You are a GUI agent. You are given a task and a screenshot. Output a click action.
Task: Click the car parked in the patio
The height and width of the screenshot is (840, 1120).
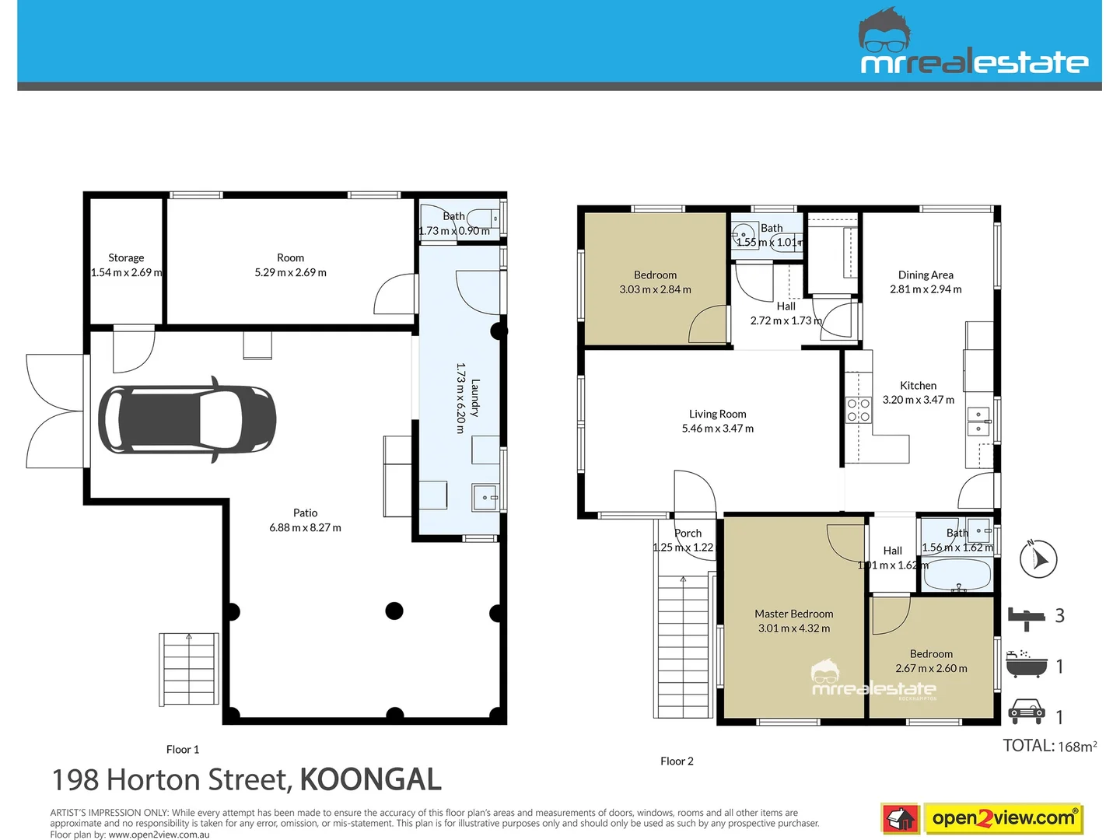pos(187,420)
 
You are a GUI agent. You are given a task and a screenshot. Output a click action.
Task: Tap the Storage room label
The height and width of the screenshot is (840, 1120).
pos(126,257)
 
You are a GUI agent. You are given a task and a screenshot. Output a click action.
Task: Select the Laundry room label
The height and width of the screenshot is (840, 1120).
pos(475,398)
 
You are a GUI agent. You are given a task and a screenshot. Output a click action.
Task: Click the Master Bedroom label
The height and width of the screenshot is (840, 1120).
pos(793,614)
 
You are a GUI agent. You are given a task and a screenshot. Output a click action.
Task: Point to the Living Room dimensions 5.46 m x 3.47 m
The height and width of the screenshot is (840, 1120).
pos(717,429)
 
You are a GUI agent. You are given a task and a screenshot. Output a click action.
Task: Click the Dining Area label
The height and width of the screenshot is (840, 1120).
pos(925,275)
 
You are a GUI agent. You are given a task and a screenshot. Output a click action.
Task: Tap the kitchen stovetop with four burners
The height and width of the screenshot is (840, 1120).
pos(858,410)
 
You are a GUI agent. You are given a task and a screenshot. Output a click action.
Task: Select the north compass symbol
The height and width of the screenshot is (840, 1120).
pos(1038,558)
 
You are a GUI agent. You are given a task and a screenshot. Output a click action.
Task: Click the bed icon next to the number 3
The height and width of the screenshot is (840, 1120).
pos(1027,617)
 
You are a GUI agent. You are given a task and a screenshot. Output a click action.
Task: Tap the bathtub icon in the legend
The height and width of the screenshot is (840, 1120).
pos(1027,666)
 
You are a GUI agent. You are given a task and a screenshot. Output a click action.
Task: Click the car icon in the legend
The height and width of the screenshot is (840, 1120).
pos(1026,712)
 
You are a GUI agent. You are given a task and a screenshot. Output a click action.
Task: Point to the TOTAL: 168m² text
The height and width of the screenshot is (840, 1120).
pos(1049,746)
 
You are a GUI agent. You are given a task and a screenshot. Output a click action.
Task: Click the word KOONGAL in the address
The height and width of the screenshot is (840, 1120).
pos(370,779)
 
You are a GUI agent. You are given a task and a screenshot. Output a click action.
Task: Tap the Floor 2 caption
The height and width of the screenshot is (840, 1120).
pos(677,761)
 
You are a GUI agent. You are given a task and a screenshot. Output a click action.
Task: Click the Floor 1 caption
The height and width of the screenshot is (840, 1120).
pos(183,750)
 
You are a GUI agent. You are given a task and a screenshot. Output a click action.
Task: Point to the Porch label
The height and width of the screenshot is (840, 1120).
pos(688,533)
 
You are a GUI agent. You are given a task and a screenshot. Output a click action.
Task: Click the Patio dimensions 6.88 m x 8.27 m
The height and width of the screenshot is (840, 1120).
pos(305,527)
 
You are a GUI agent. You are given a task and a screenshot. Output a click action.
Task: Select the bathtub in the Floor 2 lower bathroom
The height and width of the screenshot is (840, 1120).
pos(956,576)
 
